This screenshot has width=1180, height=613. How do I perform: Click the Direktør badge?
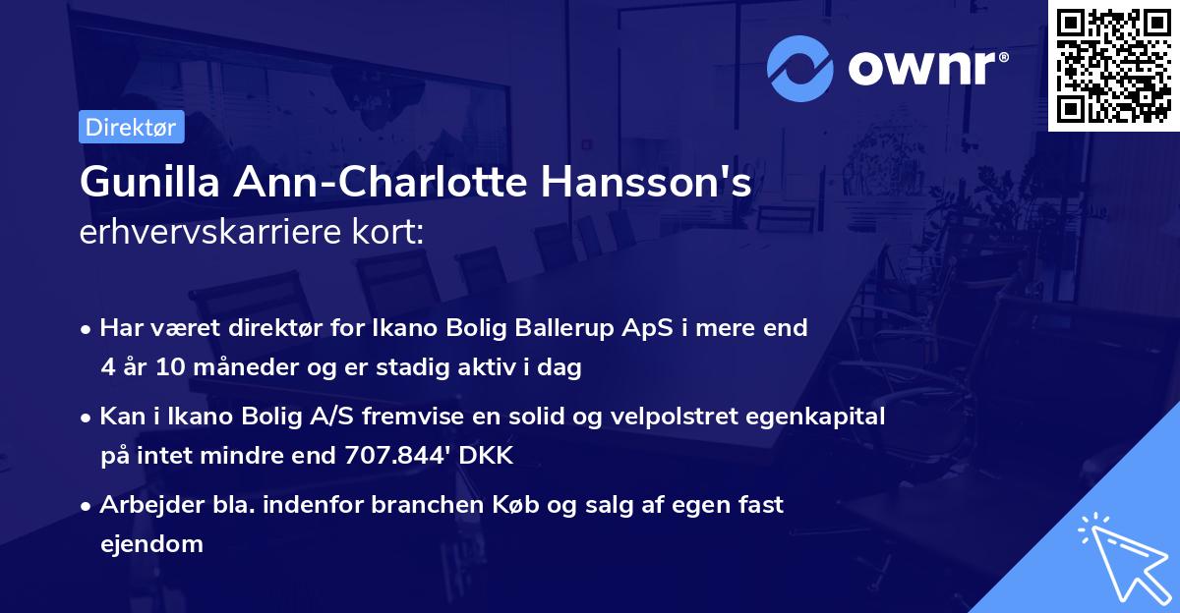click(131, 127)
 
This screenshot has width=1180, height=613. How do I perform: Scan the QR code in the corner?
click(1114, 65)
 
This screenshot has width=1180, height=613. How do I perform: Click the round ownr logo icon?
click(800, 69)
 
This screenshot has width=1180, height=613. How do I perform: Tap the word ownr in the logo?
click(928, 69)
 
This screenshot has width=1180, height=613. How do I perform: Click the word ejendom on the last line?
click(151, 543)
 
